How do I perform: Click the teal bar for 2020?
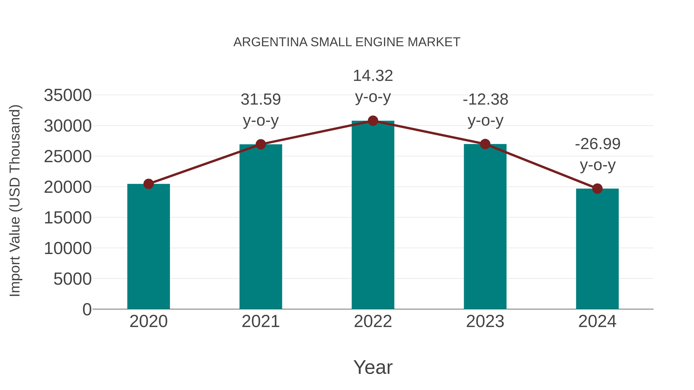tap(148, 246)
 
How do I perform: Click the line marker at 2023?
tap(485, 144)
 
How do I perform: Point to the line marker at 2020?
tap(148, 184)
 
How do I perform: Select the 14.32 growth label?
tap(373, 76)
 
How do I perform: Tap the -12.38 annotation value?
tap(485, 99)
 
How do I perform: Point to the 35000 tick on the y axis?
tap(68, 95)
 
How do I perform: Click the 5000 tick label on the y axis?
tap(72, 279)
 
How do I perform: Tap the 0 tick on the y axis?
tap(87, 309)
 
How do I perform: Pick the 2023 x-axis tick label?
tap(485, 321)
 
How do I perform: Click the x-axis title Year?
tap(373, 367)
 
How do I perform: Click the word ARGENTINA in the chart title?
tap(270, 42)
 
